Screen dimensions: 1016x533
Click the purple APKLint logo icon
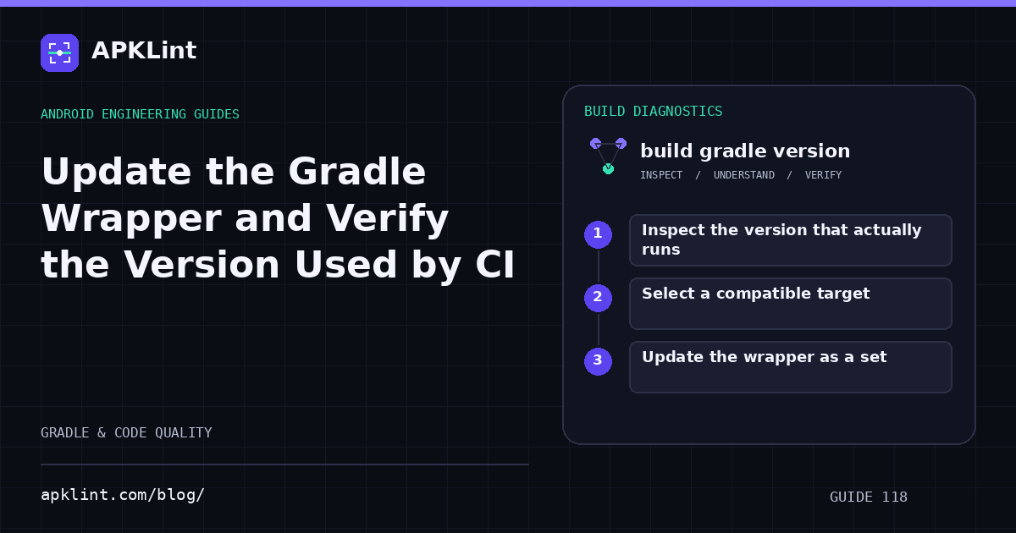[59, 52]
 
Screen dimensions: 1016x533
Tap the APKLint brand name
[144, 50]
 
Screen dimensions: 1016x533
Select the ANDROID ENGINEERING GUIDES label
[141, 113]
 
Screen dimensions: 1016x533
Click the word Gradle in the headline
[356, 171]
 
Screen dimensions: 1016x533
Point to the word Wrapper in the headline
[130, 220]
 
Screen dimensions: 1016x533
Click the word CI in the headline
[494, 265]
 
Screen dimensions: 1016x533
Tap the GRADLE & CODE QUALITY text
[126, 432]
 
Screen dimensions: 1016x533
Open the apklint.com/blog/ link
[123, 494]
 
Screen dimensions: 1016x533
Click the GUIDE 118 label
[868, 497]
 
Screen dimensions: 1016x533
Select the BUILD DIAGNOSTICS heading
[653, 111]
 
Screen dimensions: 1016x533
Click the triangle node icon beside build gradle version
[608, 156]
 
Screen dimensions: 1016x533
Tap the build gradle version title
[745, 151]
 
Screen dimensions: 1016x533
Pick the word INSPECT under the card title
[661, 175]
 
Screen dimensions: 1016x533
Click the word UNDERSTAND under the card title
[744, 175]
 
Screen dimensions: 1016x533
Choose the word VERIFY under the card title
[823, 175]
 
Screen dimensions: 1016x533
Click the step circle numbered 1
[598, 234]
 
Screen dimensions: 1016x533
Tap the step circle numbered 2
[598, 298]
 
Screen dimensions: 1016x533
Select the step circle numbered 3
[598, 361]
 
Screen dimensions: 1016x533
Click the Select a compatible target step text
[755, 294]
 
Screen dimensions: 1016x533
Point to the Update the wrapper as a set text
[765, 357]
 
